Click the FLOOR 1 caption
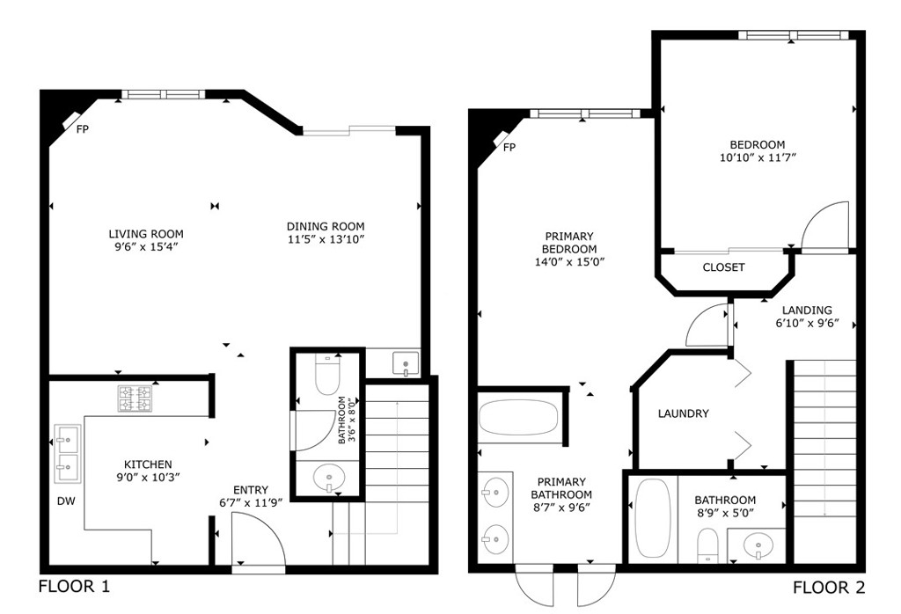click(x=74, y=587)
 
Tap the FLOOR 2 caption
click(x=829, y=588)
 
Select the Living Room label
click(x=146, y=234)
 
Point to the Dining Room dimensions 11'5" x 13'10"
click(x=326, y=239)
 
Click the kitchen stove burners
click(x=135, y=398)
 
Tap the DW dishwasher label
click(x=66, y=501)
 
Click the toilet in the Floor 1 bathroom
click(x=327, y=375)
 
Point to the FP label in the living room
click(x=83, y=129)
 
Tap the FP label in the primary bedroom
click(x=509, y=148)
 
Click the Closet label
click(x=723, y=267)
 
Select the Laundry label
click(x=683, y=413)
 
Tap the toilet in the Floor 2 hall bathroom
click(x=707, y=545)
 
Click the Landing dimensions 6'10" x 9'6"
click(x=808, y=323)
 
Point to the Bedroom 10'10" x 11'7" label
click(x=758, y=151)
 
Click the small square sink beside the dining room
click(x=407, y=363)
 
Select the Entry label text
click(x=251, y=490)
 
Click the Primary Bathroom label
click(x=561, y=488)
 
